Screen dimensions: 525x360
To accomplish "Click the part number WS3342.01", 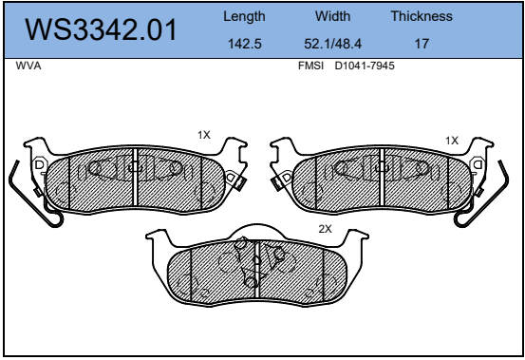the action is click(x=101, y=29).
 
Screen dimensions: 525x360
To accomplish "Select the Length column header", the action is click(x=244, y=16).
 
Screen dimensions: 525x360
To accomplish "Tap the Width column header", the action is click(x=332, y=16).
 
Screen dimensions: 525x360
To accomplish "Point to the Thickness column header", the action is click(x=422, y=16).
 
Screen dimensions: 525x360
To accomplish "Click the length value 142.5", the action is click(x=244, y=44).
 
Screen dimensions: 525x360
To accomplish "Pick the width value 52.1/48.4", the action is click(x=332, y=44).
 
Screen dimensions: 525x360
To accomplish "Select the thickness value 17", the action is click(x=422, y=44).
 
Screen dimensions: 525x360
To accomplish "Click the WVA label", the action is click(x=28, y=66).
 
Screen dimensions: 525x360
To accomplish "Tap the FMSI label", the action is click(x=310, y=66).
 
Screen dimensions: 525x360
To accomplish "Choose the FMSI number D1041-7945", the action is click(x=365, y=66).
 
